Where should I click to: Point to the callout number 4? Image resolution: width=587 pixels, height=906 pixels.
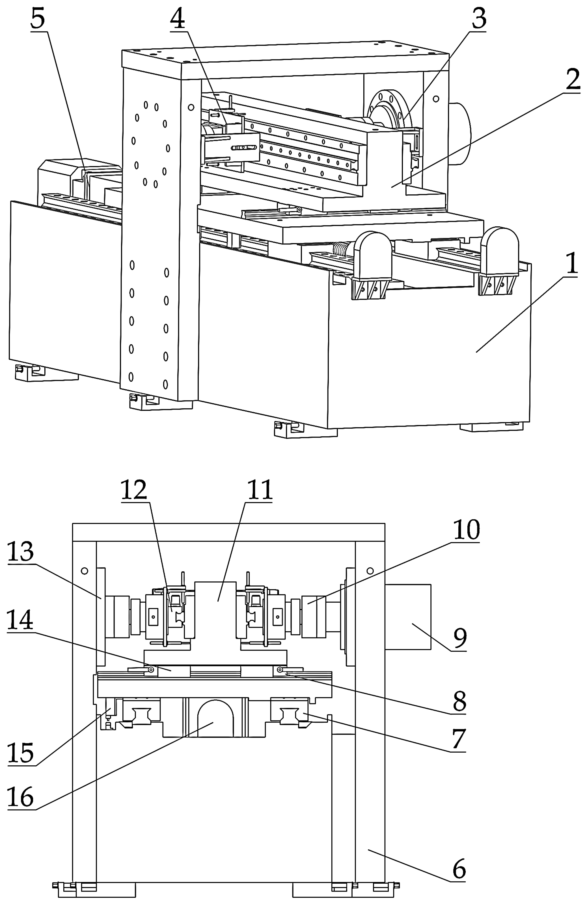tap(177, 19)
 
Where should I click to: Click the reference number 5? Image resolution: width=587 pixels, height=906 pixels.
tap(38, 19)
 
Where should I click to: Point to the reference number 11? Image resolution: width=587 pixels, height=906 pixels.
tap(260, 490)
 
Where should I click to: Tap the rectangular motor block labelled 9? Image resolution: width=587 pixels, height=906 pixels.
tap(408, 617)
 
